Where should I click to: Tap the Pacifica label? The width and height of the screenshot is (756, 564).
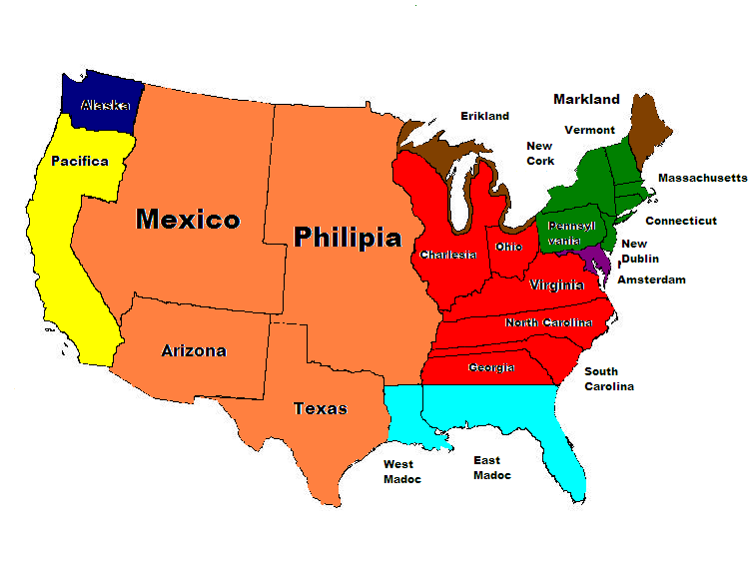(x=80, y=161)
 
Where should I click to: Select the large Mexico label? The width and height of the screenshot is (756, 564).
(x=188, y=219)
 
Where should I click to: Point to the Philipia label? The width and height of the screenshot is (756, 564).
(x=347, y=238)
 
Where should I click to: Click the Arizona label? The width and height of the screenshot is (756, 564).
(x=194, y=350)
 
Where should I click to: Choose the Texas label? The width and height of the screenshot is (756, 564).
(x=321, y=408)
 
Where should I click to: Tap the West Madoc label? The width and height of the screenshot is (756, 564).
(x=402, y=471)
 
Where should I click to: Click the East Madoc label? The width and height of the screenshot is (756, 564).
(x=491, y=467)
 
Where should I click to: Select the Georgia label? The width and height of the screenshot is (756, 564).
(x=491, y=367)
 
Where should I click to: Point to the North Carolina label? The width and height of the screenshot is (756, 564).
(x=548, y=322)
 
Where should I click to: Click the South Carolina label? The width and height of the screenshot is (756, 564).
(x=608, y=378)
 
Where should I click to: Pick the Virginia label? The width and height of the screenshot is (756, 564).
(x=557, y=285)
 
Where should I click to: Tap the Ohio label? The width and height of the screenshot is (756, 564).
(x=508, y=247)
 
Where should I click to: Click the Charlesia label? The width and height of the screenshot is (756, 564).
(x=447, y=255)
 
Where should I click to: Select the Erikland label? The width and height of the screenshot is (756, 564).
(x=484, y=116)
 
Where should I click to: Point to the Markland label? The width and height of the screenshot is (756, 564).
(x=586, y=99)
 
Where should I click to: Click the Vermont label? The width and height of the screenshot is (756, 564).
(x=589, y=130)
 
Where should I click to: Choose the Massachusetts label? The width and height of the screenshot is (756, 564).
(x=702, y=178)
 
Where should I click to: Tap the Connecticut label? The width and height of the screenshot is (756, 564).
(x=680, y=221)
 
